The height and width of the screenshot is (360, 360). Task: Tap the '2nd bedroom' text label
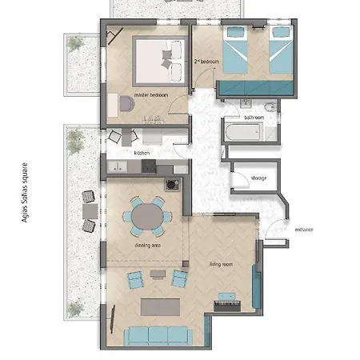pyautogui.click(x=206, y=61)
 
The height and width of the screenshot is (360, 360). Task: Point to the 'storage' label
pyautogui.click(x=258, y=178)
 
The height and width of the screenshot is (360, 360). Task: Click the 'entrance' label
pyautogui.click(x=304, y=230)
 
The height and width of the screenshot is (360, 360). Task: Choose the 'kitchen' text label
pyautogui.click(x=142, y=152)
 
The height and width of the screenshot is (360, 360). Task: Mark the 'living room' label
pyautogui.click(x=221, y=264)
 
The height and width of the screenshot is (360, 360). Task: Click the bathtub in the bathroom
pyautogui.click(x=244, y=133)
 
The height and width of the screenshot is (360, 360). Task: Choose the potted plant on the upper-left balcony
pyautogui.click(x=78, y=42)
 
